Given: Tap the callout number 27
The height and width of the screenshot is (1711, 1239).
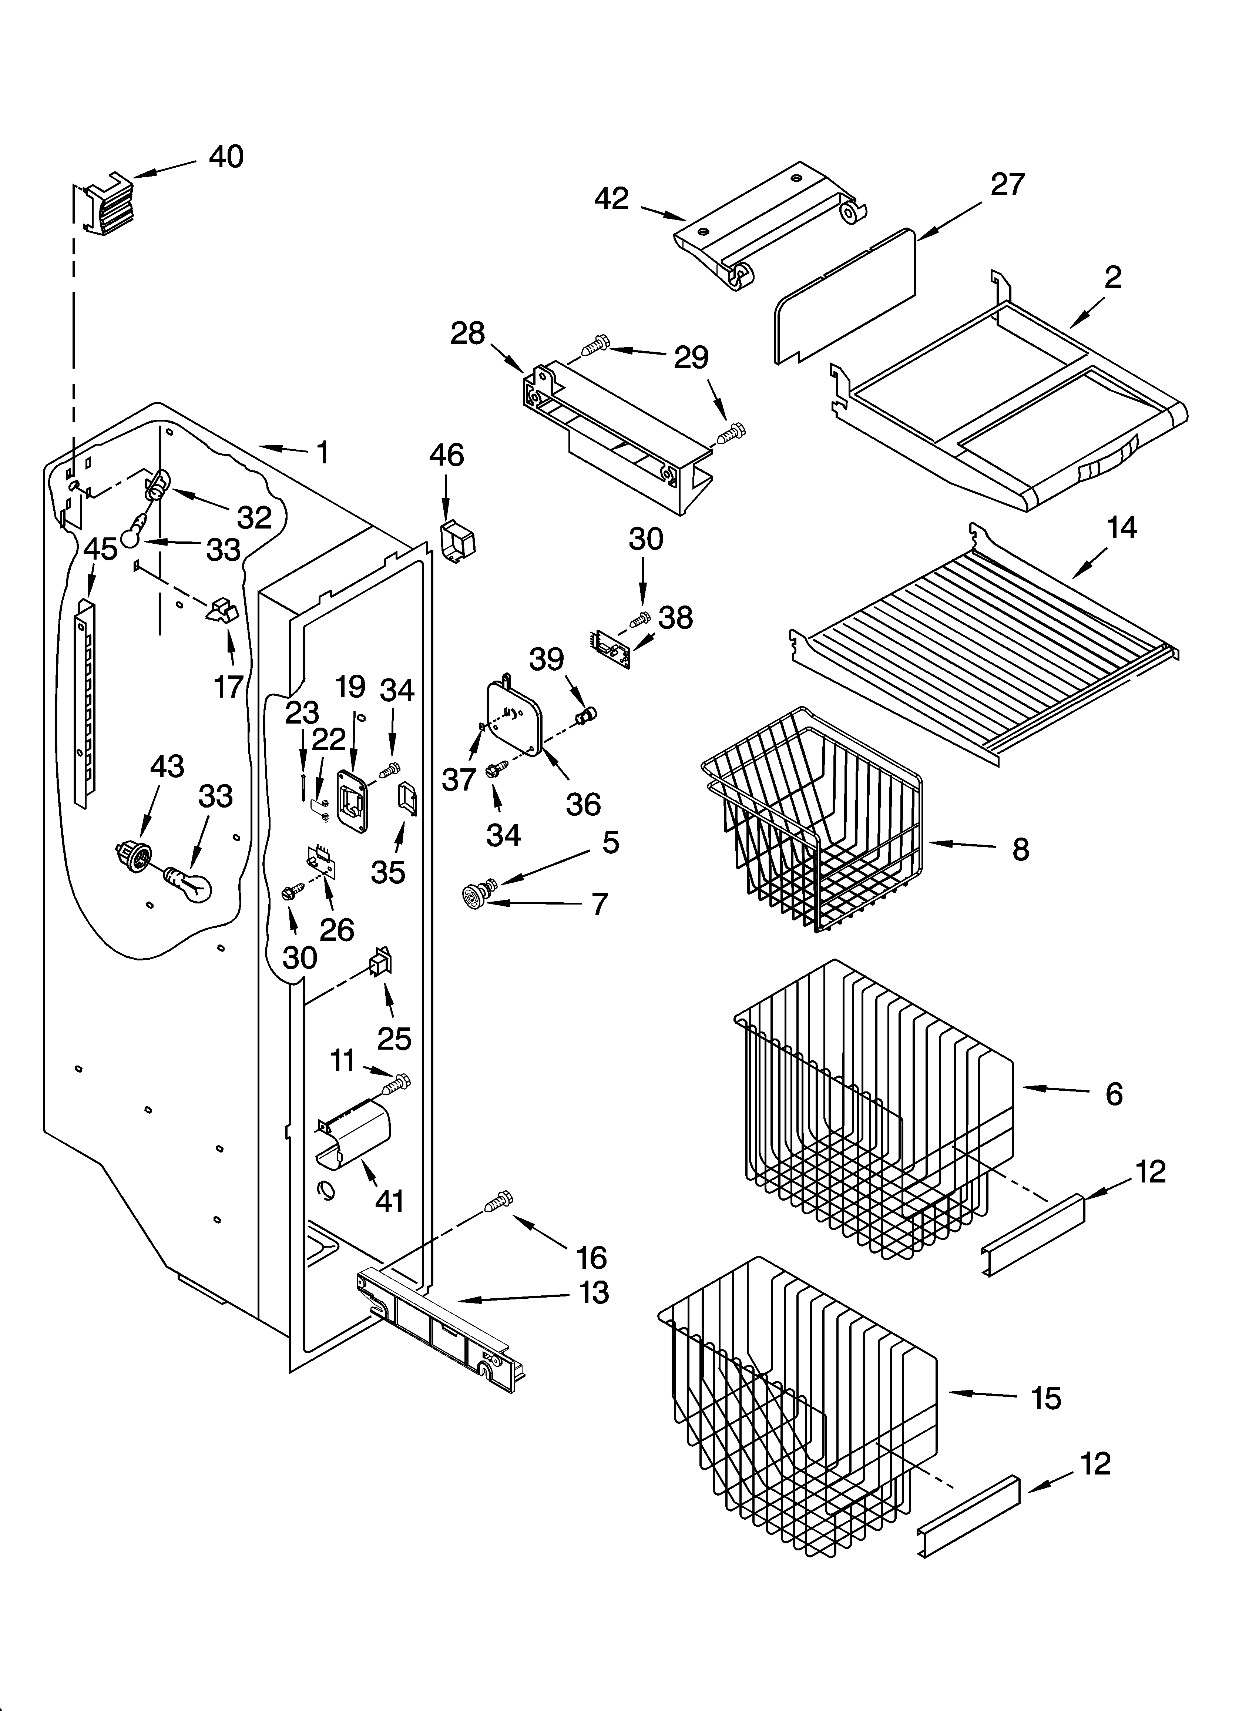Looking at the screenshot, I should click(x=1007, y=185).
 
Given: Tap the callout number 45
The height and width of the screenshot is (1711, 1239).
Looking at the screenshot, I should click(x=100, y=549).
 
